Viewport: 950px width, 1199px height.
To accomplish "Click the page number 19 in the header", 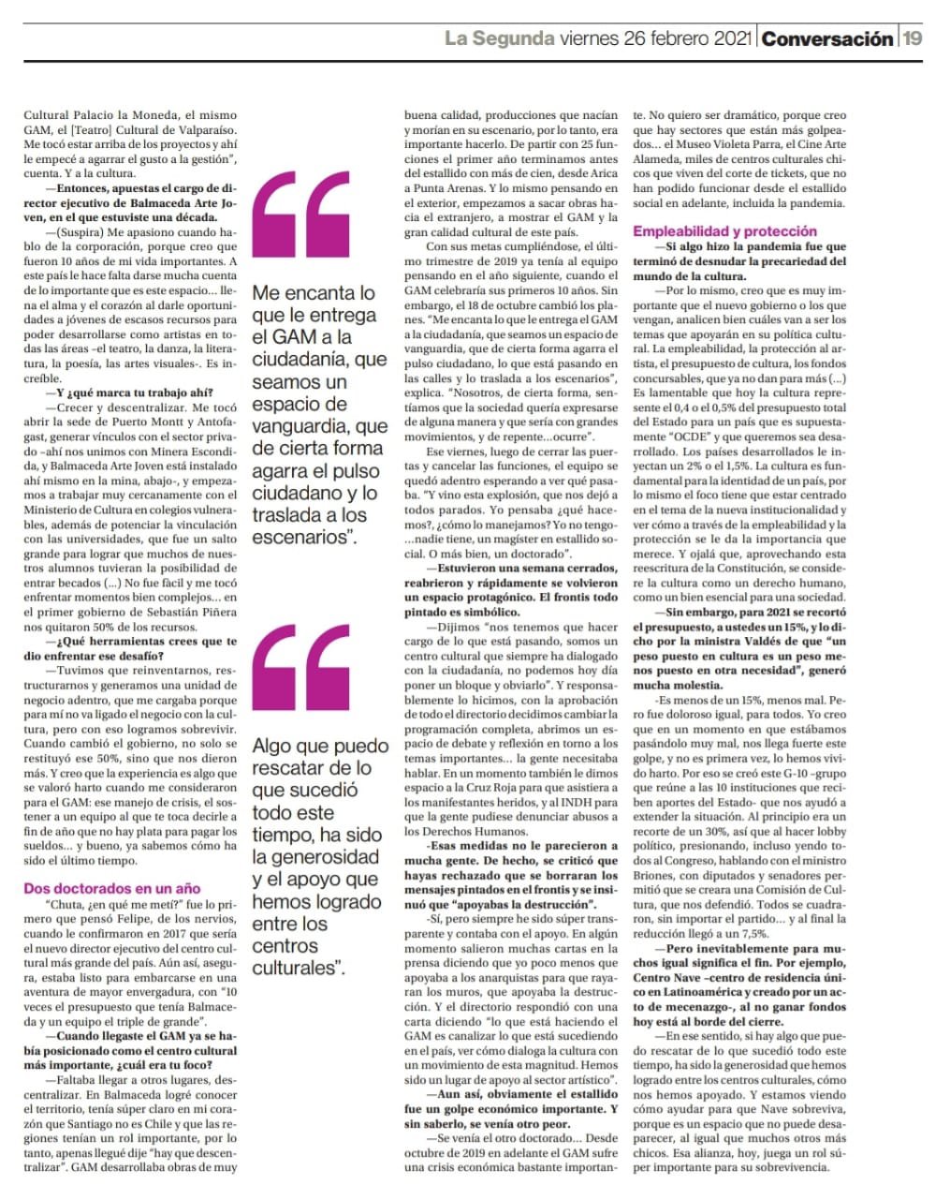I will (913, 38).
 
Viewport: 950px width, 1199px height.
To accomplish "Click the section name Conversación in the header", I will (827, 38).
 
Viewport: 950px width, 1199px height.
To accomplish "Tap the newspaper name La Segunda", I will (499, 38).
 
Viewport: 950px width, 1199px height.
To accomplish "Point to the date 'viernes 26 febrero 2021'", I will (656, 38).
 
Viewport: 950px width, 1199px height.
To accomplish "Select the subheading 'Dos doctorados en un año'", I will (112, 888).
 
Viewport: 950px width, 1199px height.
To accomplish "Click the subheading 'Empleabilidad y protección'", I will (724, 230).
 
